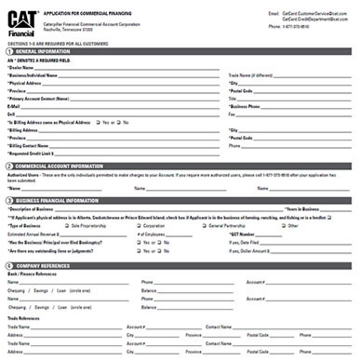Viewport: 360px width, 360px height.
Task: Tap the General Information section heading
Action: tap(46, 52)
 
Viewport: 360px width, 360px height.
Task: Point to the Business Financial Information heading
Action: tap(58, 200)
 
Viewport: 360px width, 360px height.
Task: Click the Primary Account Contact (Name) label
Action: tap(42, 99)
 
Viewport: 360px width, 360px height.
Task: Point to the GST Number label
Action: tap(245, 233)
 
